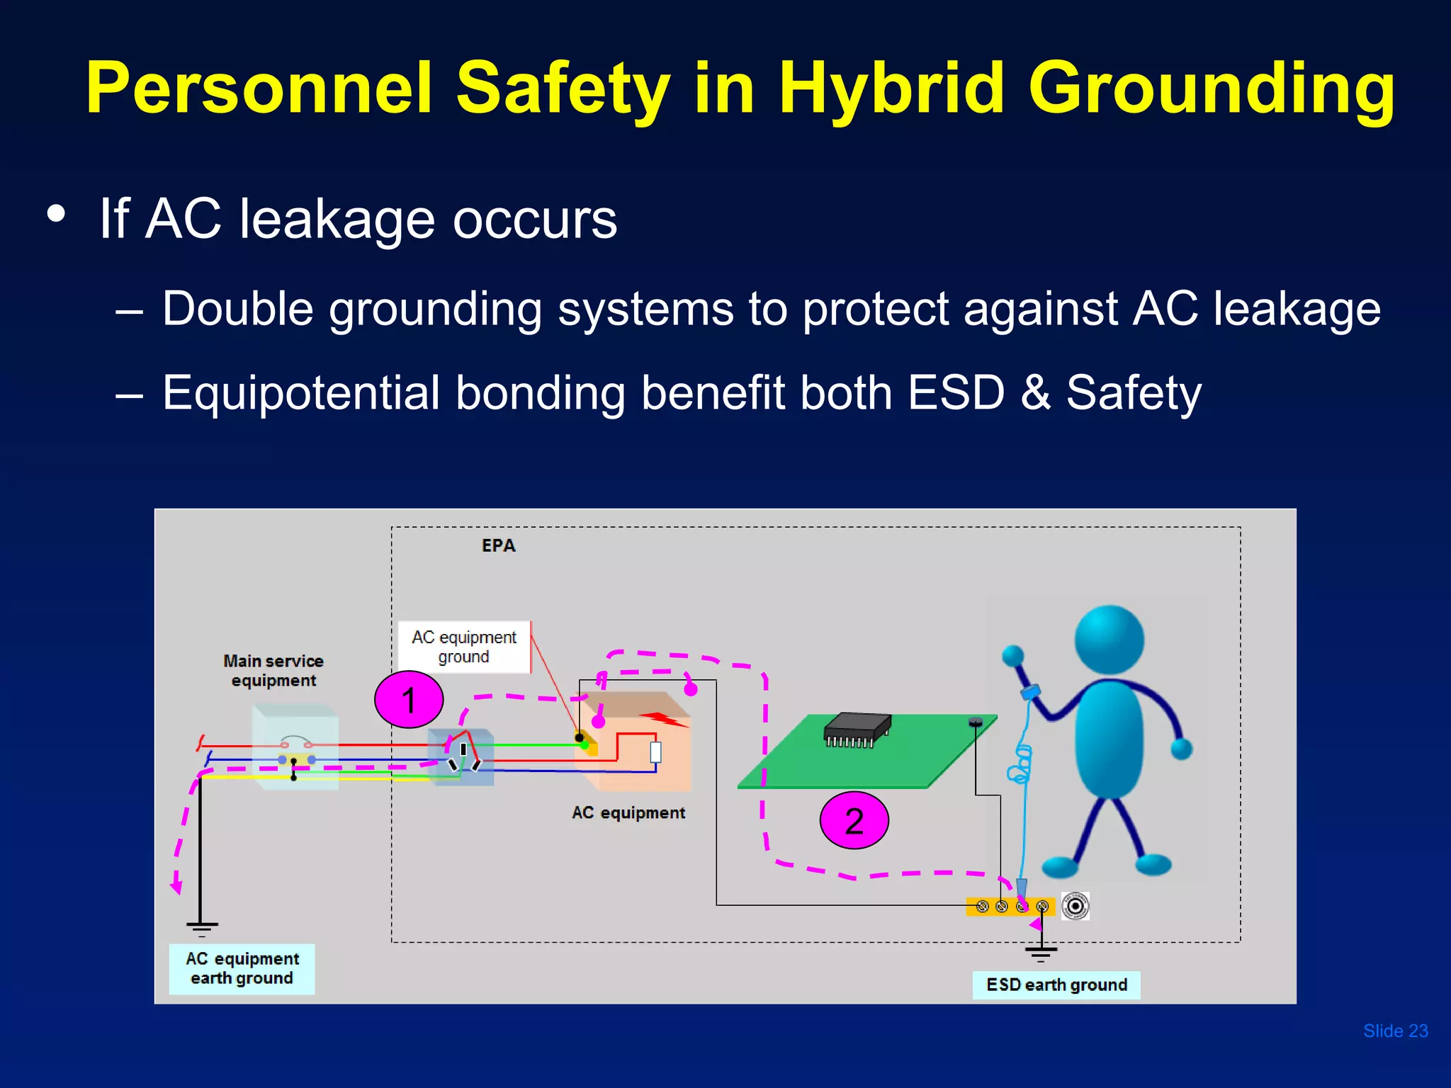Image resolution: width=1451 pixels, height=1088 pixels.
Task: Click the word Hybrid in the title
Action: [891, 89]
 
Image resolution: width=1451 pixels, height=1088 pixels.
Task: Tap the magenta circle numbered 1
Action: [409, 700]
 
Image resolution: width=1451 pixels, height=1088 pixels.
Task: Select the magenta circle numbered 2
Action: [854, 820]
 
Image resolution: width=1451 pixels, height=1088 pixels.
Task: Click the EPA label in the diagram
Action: [498, 545]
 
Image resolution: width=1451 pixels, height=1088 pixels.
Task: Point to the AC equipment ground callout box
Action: [464, 647]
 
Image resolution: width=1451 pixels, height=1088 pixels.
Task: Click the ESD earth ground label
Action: [1056, 985]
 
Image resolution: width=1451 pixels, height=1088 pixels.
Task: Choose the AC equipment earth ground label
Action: [242, 968]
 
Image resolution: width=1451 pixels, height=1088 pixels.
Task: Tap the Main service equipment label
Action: [273, 670]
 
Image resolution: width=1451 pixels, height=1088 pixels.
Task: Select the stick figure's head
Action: [1109, 639]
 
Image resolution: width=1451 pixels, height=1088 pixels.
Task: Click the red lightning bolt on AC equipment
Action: [663, 720]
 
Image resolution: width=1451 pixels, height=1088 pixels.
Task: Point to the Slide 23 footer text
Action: [1395, 1031]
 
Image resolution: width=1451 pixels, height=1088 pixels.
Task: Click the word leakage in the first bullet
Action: [337, 219]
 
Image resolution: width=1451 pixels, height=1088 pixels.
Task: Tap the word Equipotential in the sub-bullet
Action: [301, 393]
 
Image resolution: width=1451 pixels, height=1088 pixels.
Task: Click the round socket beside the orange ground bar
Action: [1075, 906]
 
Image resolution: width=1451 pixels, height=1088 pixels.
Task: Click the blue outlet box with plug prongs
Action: [461, 756]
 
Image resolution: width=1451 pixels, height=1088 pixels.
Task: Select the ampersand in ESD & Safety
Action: [1035, 393]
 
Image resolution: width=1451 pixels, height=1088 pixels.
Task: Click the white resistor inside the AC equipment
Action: [655, 752]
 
